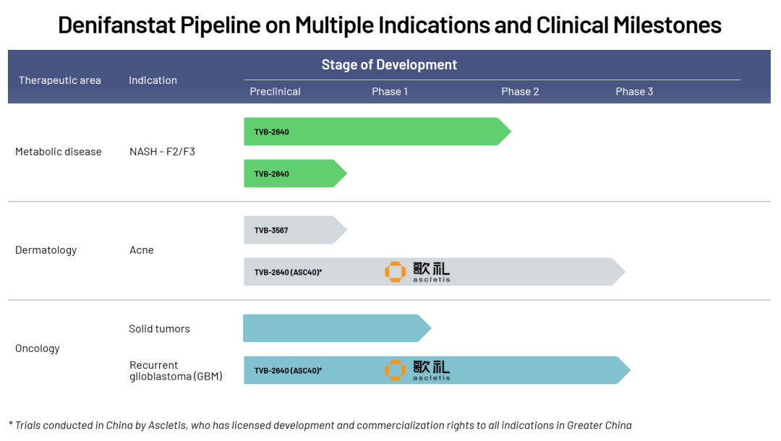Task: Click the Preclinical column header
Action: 275,92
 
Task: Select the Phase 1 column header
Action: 390,92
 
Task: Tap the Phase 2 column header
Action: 520,92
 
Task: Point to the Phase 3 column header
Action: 634,92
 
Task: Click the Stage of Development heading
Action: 389,65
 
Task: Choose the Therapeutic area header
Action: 60,80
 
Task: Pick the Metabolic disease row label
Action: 59,152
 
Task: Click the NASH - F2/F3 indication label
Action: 163,152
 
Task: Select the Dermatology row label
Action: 46,250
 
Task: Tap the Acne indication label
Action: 142,250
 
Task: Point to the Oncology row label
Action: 38,348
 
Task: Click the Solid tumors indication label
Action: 159,328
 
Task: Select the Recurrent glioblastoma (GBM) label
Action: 176,371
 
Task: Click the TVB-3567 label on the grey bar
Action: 271,231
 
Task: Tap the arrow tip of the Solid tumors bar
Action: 431,328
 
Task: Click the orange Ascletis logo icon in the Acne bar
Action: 395,272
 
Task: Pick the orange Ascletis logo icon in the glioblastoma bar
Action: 395,370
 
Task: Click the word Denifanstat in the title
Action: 117,25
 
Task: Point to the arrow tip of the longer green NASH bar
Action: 511,132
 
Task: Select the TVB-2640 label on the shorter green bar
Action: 271,174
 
